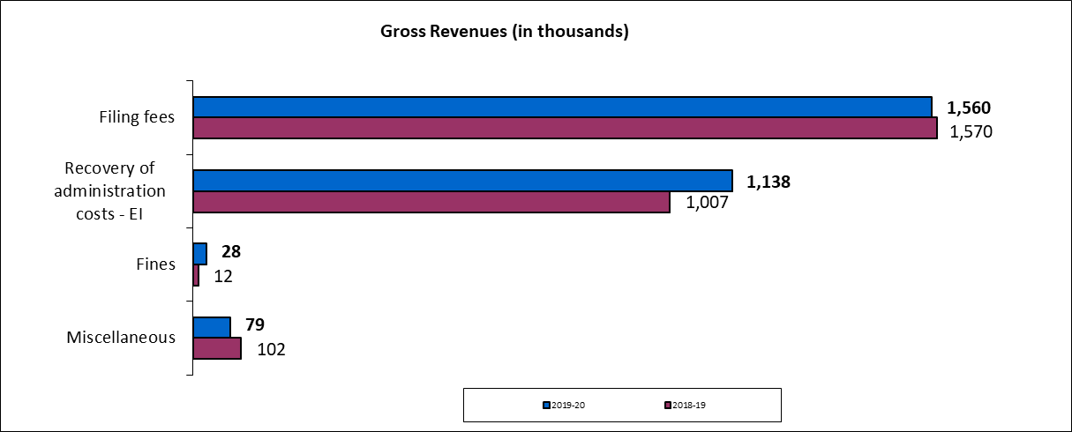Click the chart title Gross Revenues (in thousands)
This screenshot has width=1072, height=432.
(504, 32)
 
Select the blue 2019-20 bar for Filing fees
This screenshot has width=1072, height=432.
(562, 107)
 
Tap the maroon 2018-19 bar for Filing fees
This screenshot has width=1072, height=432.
(565, 129)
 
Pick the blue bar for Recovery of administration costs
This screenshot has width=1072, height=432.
(462, 181)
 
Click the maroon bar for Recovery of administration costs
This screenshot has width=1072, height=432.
(431, 202)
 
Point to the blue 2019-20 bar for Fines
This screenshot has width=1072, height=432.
(200, 254)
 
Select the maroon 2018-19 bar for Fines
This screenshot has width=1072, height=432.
(196, 276)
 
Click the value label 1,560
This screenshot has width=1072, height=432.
(969, 108)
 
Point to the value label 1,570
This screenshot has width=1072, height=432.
(971, 132)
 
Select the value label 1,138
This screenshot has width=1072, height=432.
(768, 182)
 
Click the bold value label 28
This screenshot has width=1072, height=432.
(231, 252)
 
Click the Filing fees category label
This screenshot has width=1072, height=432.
(137, 117)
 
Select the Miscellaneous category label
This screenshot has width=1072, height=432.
(121, 338)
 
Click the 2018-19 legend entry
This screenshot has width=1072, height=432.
(685, 405)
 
